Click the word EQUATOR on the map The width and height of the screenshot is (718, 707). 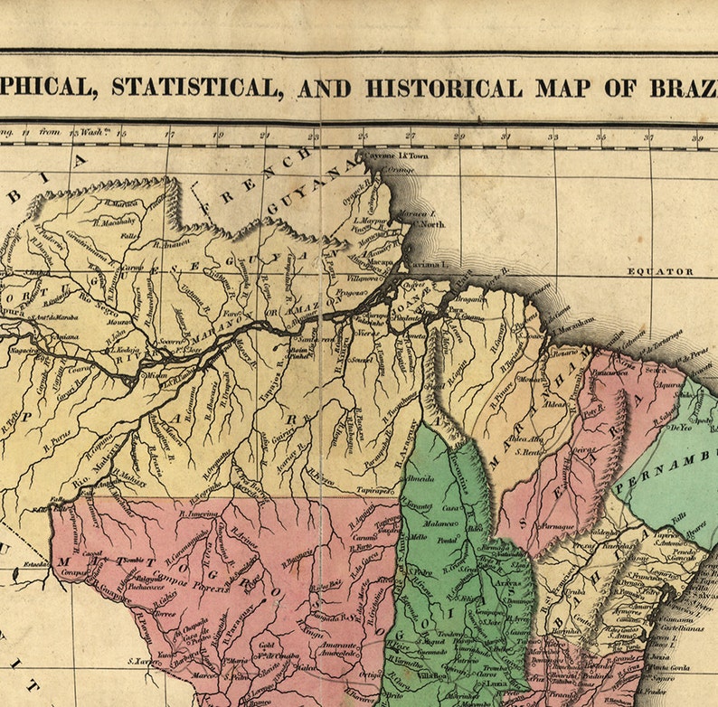(660, 271)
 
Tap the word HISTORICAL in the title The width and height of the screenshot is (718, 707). (443, 89)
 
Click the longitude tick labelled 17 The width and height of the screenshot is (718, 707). (169, 136)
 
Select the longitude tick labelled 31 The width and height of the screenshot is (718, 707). (505, 136)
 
